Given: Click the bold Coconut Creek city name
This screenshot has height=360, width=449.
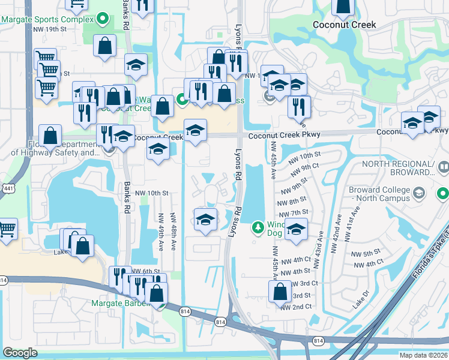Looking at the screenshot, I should tap(345, 25).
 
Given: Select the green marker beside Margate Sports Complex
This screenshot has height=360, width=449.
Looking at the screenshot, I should tap(103, 19).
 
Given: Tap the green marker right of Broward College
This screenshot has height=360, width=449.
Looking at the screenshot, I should tap(442, 194).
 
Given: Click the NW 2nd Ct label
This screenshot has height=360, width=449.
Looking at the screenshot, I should tap(297, 307).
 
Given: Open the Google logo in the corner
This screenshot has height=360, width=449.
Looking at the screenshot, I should tap(20, 353).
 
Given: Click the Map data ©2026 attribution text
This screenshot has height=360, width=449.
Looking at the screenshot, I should tap(424, 355).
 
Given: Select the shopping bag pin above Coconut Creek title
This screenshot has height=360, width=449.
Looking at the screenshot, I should tap(343, 5).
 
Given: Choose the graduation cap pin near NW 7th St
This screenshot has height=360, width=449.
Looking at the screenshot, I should tap(295, 229).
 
